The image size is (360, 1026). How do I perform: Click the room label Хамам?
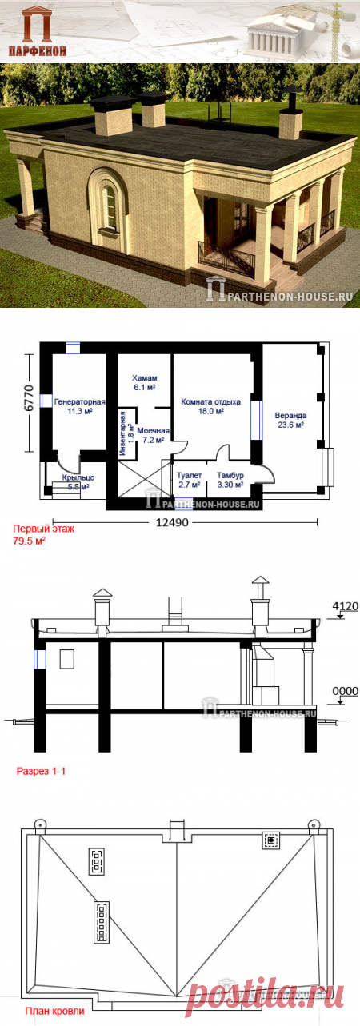(145, 378)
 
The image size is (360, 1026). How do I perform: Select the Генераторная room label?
(80, 402)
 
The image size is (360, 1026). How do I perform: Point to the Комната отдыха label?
(210, 402)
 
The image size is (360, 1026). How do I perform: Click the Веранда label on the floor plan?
(291, 416)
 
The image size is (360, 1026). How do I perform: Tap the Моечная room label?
(153, 431)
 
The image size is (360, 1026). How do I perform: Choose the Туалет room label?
(189, 476)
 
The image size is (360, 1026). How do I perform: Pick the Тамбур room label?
(230, 476)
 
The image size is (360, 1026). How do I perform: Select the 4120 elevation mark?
(346, 606)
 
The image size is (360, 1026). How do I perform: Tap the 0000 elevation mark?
(346, 691)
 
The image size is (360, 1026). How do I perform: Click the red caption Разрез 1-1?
(42, 772)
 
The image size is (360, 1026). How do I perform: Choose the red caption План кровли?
(54, 1012)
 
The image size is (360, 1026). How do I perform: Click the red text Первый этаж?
(43, 529)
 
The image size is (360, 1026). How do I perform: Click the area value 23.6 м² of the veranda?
(291, 425)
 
